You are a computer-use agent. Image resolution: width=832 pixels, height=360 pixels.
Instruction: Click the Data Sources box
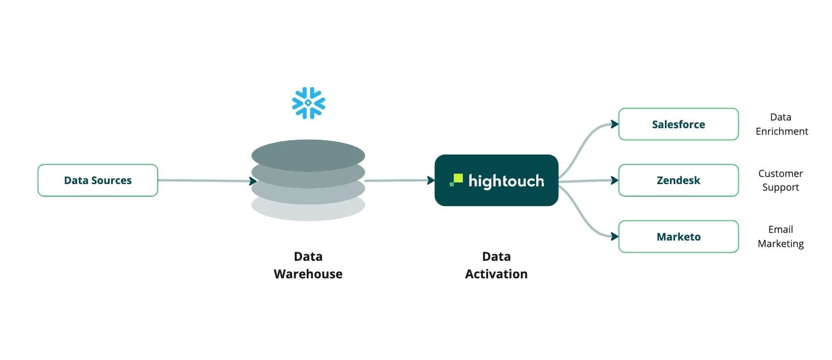[97, 180]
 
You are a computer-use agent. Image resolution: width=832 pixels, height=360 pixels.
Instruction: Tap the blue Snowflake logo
[308, 102]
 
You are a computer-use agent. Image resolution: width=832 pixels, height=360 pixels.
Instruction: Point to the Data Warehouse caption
[308, 265]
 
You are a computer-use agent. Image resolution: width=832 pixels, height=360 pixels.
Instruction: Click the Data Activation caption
[496, 265]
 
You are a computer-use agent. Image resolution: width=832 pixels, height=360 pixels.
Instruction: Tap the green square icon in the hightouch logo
[457, 180]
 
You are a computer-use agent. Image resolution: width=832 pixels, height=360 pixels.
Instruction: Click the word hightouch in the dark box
[506, 180]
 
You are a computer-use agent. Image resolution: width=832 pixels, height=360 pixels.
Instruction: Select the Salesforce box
[678, 124]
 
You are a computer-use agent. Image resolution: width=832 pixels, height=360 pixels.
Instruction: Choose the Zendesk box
[678, 180]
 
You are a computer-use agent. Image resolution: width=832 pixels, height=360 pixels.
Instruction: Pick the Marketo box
[678, 237]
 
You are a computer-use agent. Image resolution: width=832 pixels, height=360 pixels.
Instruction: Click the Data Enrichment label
[781, 124]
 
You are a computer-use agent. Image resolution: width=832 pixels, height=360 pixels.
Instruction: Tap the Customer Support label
[780, 180]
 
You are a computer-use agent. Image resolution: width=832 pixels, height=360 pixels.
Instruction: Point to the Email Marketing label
[781, 237]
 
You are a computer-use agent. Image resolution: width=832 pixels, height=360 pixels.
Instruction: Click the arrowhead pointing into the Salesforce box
[615, 124]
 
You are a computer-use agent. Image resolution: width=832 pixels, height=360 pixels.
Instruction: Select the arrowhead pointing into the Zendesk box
[615, 180]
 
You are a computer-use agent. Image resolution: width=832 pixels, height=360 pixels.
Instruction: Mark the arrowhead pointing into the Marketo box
[615, 237]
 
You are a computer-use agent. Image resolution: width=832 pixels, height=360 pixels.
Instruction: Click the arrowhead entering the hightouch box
[431, 180]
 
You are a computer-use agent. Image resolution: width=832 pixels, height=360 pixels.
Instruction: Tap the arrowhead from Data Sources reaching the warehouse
[254, 181]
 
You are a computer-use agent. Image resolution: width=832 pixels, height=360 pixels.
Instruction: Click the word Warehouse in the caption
[308, 274]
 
